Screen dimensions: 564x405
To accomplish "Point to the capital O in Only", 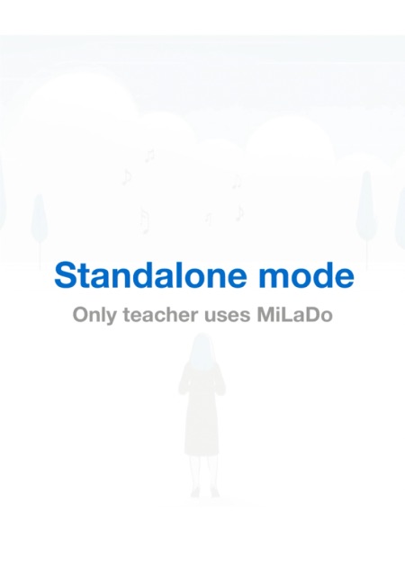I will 80,316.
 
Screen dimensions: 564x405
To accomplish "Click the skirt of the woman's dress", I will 202,427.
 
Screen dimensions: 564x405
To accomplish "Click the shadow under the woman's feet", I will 203,500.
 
